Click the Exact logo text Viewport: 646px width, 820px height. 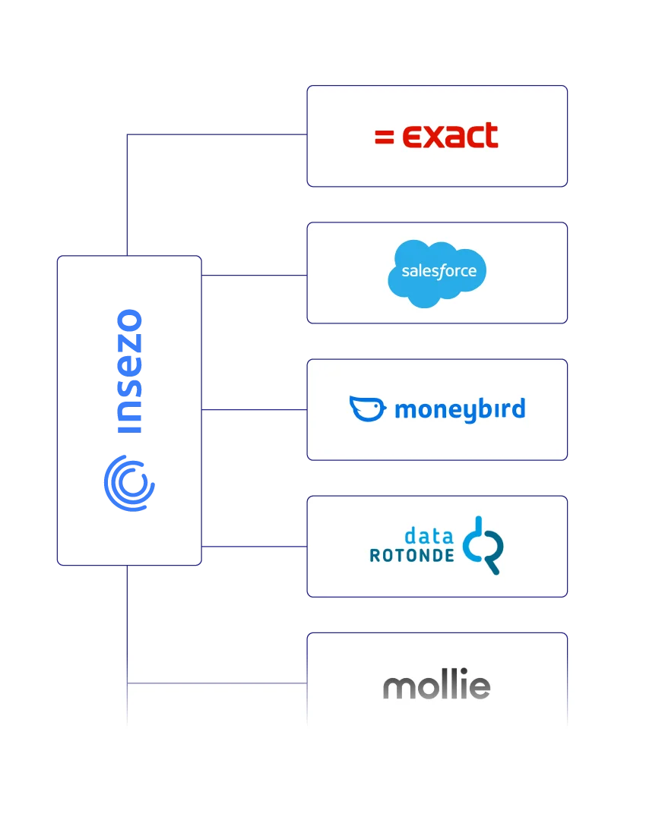point(449,136)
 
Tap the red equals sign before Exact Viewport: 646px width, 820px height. point(385,137)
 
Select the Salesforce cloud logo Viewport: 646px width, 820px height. point(437,273)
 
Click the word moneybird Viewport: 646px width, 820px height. point(460,410)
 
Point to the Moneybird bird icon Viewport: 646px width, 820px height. point(368,408)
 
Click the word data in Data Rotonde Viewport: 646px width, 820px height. point(430,535)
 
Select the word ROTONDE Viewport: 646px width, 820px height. point(412,556)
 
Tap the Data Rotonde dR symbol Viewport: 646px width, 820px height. point(484,545)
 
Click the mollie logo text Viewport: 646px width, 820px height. point(437,686)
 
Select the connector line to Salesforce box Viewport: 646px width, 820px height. point(255,276)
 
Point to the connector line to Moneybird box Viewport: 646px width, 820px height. point(255,410)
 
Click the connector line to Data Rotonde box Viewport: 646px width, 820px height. point(255,545)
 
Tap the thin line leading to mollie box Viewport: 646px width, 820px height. point(217,683)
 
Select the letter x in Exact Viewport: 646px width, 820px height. point(434,137)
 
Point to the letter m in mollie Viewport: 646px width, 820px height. point(397,688)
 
